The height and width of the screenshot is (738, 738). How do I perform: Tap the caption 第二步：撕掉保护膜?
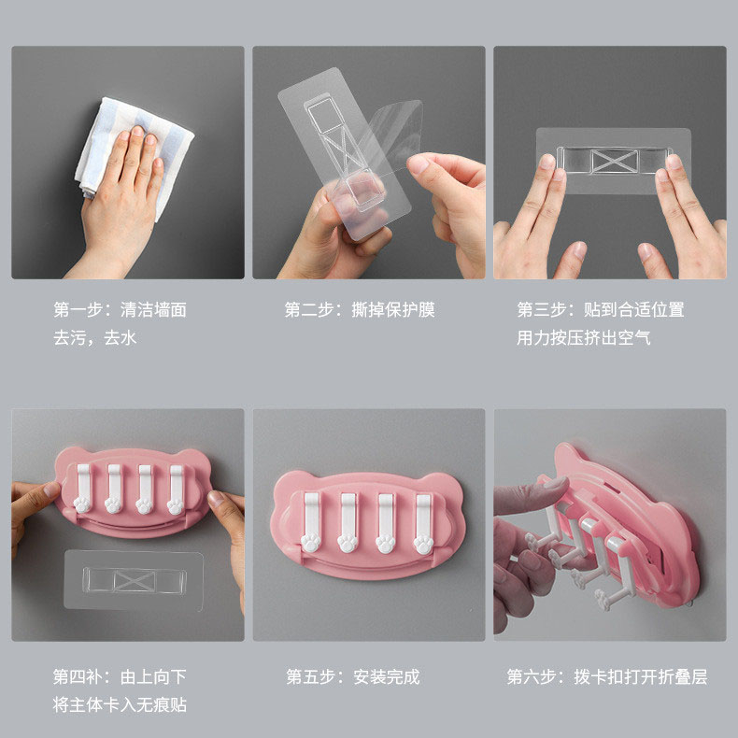point(360,310)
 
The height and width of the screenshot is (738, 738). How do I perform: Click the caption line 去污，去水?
point(94,338)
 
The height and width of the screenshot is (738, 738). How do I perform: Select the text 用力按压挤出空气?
point(584,338)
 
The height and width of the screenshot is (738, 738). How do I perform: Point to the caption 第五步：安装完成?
point(353,677)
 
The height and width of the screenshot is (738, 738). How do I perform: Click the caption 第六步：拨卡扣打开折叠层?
point(607,677)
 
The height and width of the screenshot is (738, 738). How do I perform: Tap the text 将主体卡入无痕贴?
point(120,705)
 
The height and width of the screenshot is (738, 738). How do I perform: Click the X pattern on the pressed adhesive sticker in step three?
point(615,162)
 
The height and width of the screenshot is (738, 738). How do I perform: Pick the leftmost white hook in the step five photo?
point(311,522)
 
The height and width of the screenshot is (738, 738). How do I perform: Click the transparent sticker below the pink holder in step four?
point(134,580)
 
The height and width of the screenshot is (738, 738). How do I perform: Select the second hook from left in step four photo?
point(114,490)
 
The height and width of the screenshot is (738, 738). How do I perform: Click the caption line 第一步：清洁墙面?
point(120,310)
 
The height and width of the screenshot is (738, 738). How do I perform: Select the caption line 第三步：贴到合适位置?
point(601,310)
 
